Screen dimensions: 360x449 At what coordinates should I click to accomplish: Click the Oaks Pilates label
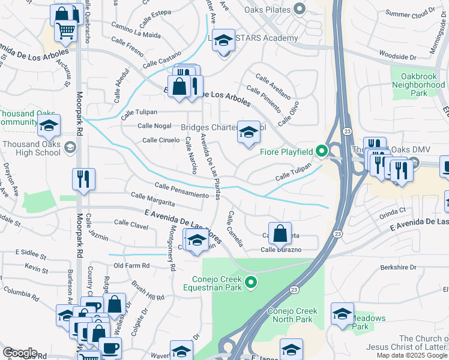(x=268, y=10)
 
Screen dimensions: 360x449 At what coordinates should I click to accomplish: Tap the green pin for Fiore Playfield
(x=322, y=151)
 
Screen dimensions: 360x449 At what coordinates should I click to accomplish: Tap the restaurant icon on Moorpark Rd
(x=83, y=179)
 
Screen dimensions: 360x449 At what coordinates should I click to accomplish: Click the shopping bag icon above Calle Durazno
(x=280, y=233)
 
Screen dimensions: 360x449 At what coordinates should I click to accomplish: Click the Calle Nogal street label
(x=154, y=125)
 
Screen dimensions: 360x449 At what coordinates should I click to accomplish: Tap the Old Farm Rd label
(x=131, y=265)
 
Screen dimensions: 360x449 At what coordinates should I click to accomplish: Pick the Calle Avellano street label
(x=273, y=86)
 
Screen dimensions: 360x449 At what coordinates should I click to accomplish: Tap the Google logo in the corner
(x=20, y=353)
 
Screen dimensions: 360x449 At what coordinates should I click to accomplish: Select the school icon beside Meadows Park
(x=342, y=314)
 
